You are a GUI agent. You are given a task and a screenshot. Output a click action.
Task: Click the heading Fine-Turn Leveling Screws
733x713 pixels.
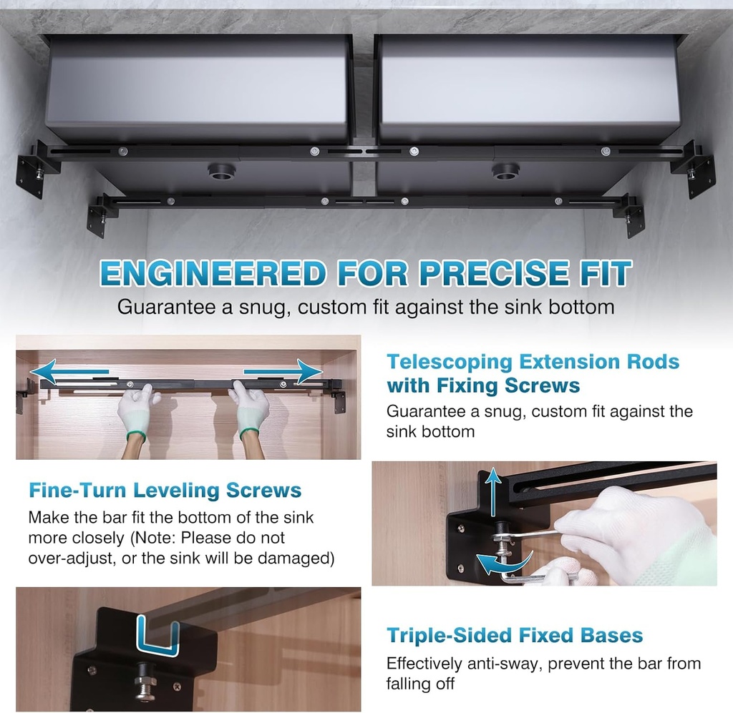pos(165,491)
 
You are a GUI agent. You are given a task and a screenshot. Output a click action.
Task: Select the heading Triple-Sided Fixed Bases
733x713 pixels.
pos(515,635)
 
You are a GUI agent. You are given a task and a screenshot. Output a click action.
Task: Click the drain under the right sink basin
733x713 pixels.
pos(505,172)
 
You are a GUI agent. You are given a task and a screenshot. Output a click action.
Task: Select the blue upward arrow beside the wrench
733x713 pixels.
pos(492,493)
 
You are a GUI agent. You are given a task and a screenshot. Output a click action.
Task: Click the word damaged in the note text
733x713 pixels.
pos(295,558)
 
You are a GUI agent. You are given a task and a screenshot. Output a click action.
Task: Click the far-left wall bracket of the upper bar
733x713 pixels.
pos(33,169)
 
